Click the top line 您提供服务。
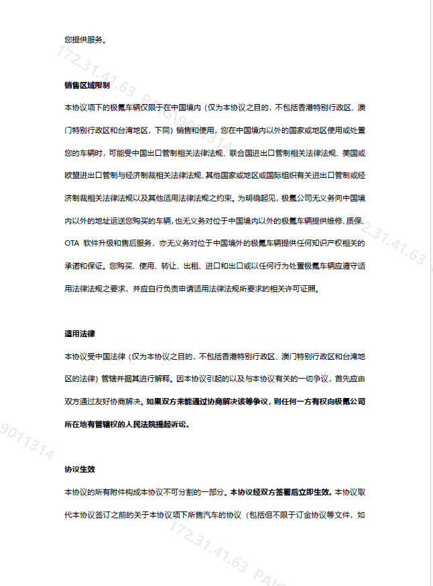click(x=84, y=39)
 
